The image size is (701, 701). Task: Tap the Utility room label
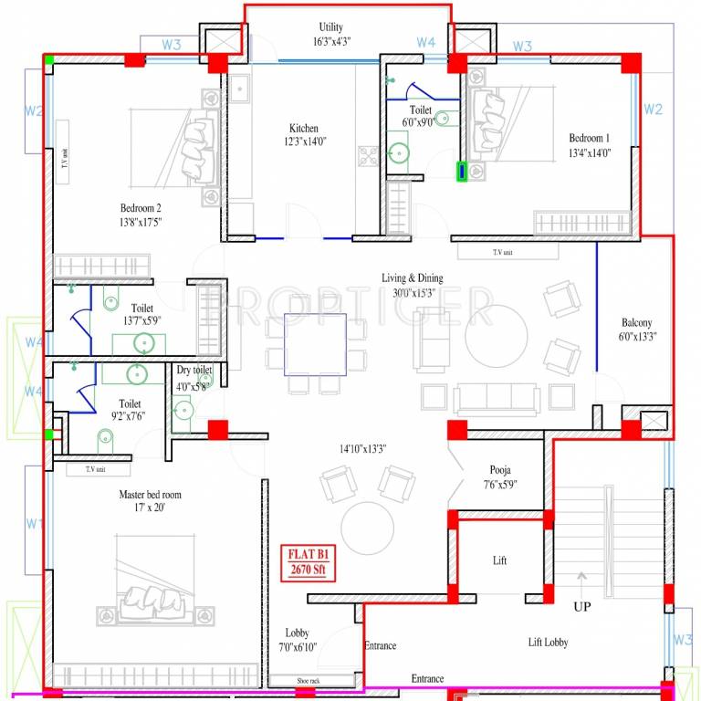[x=330, y=27]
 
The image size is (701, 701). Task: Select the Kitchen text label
[x=304, y=128]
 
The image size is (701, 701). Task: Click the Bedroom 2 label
[x=141, y=207]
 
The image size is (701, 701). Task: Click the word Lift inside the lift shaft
[x=499, y=560]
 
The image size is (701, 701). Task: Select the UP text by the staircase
[x=582, y=606]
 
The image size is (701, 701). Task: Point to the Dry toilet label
[x=194, y=370]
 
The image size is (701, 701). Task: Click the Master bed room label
[x=150, y=495]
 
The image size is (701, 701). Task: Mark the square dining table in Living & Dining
[x=315, y=344]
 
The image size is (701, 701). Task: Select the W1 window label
[x=35, y=524]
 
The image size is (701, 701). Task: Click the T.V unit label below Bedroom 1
[x=503, y=252]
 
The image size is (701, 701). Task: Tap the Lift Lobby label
[x=548, y=643]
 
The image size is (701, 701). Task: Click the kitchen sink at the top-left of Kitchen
[x=240, y=89]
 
